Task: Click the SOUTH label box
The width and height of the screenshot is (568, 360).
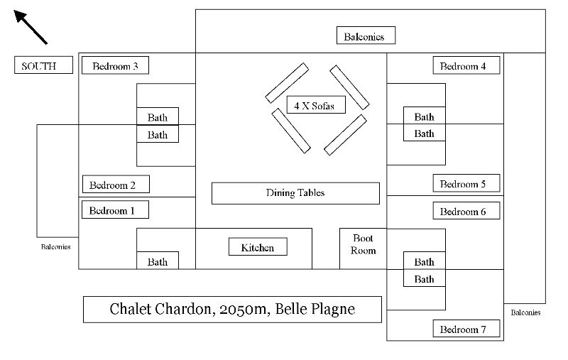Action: coord(43,65)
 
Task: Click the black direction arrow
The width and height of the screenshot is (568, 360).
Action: coord(31,27)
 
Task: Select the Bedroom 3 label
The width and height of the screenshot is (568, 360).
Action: coord(115,65)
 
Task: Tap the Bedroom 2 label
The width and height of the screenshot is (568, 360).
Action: coord(116,185)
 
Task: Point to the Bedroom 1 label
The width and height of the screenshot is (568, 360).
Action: coord(115,209)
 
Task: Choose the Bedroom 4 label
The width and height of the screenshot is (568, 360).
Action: coord(466,65)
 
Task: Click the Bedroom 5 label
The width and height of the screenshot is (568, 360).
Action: coord(466,183)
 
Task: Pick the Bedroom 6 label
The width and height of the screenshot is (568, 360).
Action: coord(466,210)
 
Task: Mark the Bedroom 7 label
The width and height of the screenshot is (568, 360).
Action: coord(466,329)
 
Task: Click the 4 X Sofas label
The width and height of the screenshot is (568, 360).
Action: coord(316,104)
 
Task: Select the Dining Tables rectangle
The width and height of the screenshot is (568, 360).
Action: coord(295,193)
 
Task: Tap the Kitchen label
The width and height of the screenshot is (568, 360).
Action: coord(258,246)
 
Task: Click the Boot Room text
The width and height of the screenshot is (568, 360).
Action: coord(364,244)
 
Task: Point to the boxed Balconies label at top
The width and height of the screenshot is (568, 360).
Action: coord(366,36)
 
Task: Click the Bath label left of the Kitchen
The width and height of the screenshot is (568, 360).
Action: coord(158,261)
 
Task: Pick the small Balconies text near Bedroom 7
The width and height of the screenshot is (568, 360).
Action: coord(525,312)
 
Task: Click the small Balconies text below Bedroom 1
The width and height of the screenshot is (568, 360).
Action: coord(56,246)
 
